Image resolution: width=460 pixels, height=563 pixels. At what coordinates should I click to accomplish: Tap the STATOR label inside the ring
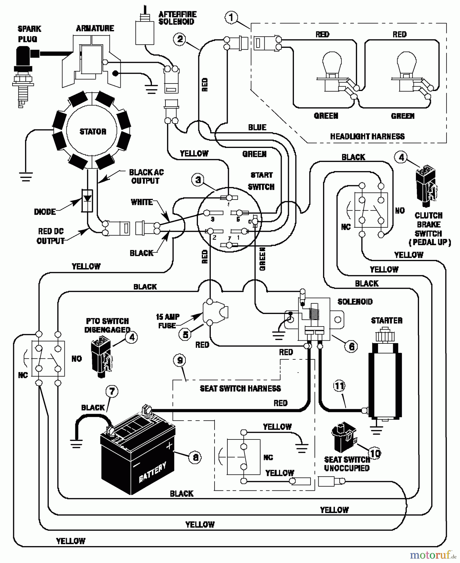click(93, 131)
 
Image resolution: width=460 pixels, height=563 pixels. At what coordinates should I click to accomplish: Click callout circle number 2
click(179, 39)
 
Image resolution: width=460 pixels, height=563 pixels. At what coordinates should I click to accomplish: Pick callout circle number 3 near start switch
click(198, 180)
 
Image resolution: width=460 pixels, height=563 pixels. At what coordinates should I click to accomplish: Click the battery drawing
click(138, 460)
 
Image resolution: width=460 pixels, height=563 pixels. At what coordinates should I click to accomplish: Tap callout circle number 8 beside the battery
click(195, 457)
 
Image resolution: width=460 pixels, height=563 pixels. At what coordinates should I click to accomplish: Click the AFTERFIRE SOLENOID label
click(177, 18)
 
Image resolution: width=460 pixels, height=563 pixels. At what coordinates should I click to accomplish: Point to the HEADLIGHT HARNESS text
click(367, 136)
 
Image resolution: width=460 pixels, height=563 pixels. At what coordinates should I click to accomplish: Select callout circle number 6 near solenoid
click(351, 346)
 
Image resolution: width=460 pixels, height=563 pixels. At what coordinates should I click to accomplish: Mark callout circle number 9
click(179, 361)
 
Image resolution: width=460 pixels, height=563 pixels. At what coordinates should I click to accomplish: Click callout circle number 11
click(339, 386)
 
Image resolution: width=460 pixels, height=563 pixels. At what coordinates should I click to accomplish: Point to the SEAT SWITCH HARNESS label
click(240, 388)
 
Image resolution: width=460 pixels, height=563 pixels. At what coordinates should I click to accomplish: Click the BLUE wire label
click(257, 127)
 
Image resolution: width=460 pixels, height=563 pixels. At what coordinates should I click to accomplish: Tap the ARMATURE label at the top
click(95, 28)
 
